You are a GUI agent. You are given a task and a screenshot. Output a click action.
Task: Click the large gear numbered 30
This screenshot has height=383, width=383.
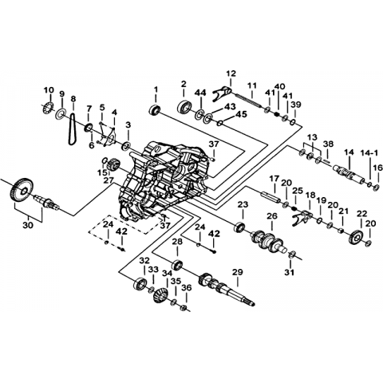[x=22, y=190]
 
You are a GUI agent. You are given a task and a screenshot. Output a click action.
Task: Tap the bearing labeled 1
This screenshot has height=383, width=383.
[x=155, y=110]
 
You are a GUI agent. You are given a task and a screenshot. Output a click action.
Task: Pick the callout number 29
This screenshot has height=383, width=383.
[x=237, y=272]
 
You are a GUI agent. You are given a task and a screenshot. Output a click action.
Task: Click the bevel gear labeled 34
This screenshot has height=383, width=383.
[x=160, y=294]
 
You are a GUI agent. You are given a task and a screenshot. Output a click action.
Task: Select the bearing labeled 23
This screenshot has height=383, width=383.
[x=239, y=227]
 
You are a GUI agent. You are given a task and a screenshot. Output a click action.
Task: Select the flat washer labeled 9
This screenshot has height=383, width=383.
[x=61, y=114]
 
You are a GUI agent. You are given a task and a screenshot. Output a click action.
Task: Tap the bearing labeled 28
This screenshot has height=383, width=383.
[x=177, y=264]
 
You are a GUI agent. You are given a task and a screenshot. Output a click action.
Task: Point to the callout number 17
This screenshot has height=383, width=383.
[x=274, y=178]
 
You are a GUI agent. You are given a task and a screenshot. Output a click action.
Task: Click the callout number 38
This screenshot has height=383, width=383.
[x=328, y=144]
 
